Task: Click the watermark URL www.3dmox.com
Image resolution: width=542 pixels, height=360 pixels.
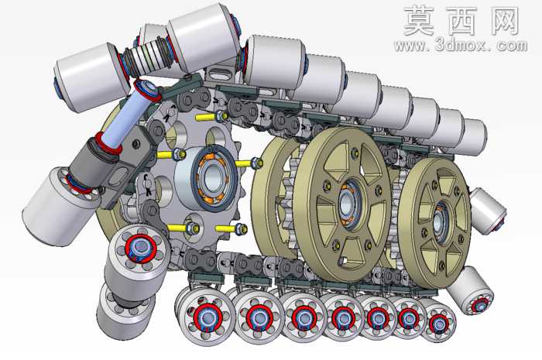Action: pos(461,45)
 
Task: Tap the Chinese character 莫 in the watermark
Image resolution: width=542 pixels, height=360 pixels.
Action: pos(419,21)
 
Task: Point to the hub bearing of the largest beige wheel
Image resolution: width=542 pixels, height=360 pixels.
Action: pos(348,204)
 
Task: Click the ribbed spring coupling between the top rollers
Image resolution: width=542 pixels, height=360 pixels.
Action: pos(147,57)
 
